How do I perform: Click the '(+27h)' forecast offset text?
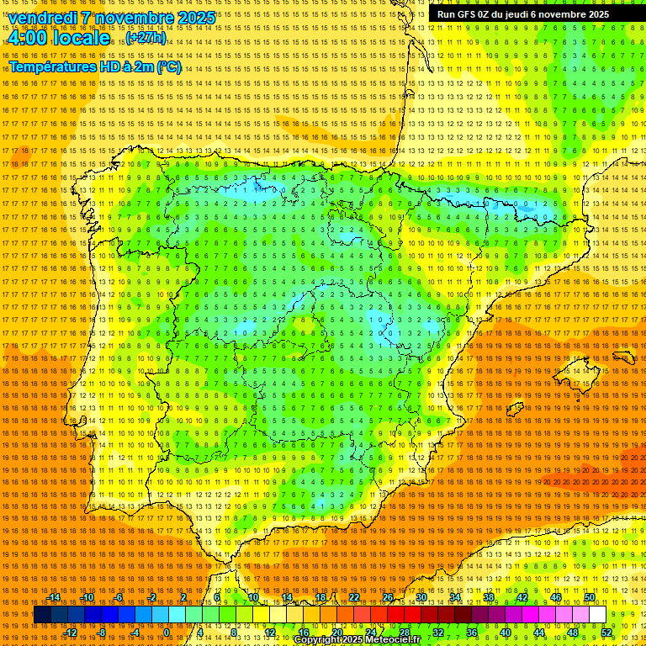[x=146, y=39]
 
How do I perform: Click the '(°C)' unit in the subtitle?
[x=168, y=66]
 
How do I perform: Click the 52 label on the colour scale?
[x=606, y=633]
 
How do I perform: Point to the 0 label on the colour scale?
[x=167, y=633]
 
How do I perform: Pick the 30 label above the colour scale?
[x=421, y=597]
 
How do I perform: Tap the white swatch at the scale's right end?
[x=597, y=615]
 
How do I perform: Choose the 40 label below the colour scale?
[x=506, y=633]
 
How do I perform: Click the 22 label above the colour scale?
[x=354, y=597]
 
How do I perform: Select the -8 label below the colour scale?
[x=101, y=633]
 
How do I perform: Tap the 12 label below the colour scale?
[x=270, y=633]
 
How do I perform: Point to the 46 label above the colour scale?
[x=556, y=597]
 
